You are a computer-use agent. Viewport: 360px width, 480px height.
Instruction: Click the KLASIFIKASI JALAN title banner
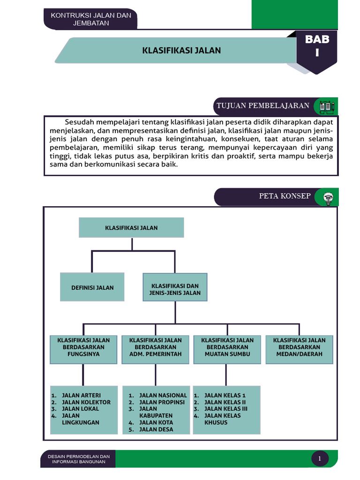coord(181,51)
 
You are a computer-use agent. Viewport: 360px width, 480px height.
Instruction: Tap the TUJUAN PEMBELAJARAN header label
coord(262,106)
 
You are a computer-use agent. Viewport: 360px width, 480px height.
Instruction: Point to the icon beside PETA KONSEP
coord(327,197)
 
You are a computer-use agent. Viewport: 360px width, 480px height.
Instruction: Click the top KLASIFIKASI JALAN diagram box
coord(131,228)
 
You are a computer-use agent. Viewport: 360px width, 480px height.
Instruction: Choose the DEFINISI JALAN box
coord(92,287)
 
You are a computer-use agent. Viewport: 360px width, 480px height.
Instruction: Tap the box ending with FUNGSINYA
coord(83,349)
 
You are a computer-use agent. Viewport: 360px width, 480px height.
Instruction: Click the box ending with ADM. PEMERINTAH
coord(155,349)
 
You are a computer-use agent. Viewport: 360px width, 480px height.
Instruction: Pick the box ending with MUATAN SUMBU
coord(227,349)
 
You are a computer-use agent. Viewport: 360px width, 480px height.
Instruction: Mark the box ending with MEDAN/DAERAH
coord(299,349)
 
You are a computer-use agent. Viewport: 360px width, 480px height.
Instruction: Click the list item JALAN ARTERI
coord(81,395)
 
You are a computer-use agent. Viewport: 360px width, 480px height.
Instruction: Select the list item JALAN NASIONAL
coord(163,395)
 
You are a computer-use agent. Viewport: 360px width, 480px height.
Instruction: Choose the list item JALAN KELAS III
coord(226,409)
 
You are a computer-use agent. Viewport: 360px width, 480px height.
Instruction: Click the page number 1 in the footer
coord(320,459)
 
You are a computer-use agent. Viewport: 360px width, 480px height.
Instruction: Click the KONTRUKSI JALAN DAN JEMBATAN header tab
coord(90,19)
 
